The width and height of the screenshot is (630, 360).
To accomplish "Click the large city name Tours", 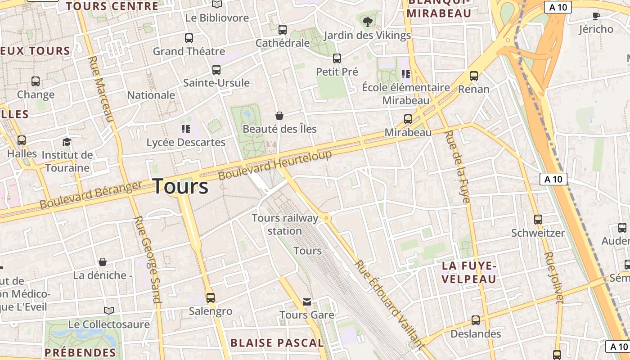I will (180, 186).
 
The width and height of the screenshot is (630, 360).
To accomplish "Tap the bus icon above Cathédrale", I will (283, 30).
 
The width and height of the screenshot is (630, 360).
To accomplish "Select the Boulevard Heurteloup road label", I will (275, 165).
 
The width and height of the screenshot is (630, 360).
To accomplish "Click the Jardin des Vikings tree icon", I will (368, 21).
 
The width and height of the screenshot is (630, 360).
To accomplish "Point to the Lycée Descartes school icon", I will (186, 129).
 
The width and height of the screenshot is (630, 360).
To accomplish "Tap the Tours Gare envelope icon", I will (307, 301).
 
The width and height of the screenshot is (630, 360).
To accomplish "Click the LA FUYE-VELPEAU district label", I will (469, 273).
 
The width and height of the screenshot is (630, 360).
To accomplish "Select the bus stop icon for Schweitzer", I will (538, 220).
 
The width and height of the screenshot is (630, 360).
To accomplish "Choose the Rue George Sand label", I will (148, 259).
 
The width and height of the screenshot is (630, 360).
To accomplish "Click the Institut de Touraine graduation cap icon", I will (67, 142).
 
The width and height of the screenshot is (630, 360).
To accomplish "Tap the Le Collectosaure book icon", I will (109, 310).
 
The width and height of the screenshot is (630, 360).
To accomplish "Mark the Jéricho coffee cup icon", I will (596, 16).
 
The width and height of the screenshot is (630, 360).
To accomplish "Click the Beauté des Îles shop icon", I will (279, 116).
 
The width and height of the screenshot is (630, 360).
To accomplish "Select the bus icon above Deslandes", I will (476, 320).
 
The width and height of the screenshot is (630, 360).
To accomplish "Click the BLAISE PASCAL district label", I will (277, 343).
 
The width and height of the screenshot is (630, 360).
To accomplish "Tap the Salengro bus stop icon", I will (211, 297).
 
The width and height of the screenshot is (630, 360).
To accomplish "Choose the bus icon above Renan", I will (474, 76).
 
